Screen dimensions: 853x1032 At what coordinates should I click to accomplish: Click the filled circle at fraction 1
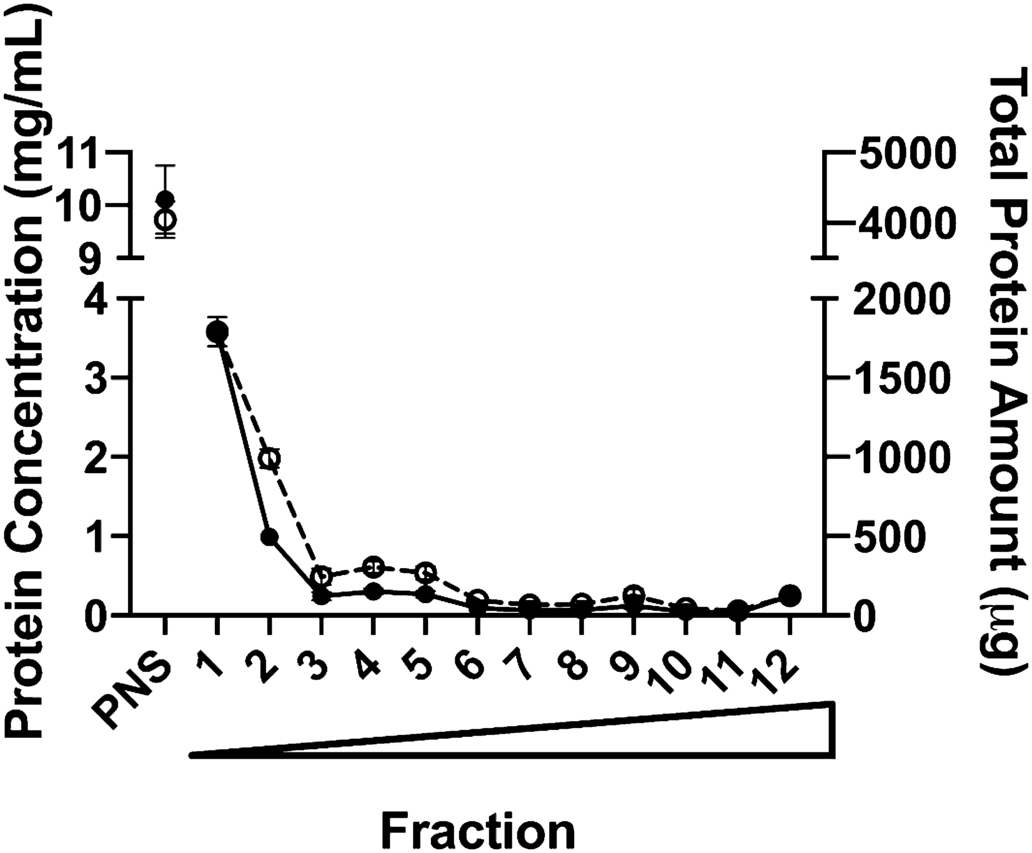pyautogui.click(x=216, y=331)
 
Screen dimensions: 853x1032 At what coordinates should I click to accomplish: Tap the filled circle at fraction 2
pyautogui.click(x=269, y=537)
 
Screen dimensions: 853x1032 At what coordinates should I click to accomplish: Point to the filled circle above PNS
pyautogui.click(x=165, y=199)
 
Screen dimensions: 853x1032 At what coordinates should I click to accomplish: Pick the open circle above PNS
pyautogui.click(x=165, y=219)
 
